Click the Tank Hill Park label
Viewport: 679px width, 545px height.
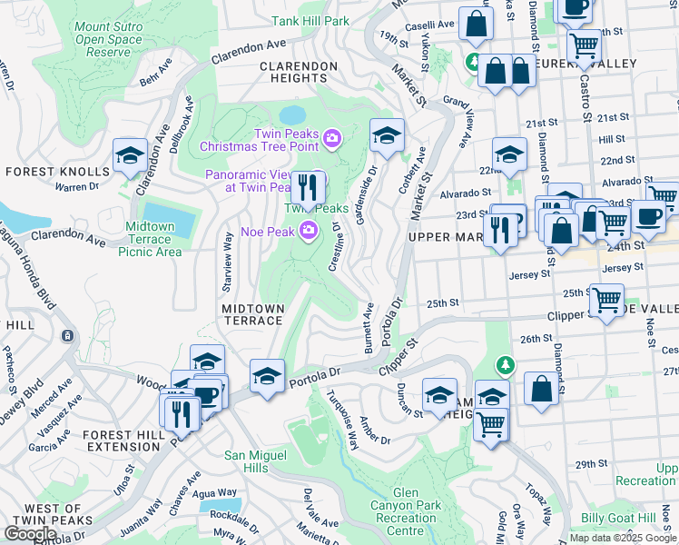click(x=310, y=20)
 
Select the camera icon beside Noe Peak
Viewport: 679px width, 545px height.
click(x=310, y=232)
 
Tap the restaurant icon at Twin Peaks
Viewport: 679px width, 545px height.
click(x=308, y=188)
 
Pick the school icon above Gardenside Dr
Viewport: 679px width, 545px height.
click(x=387, y=136)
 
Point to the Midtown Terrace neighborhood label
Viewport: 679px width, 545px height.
click(x=253, y=314)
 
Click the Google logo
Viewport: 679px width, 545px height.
click(x=31, y=534)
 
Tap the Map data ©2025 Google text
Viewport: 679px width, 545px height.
click(x=623, y=538)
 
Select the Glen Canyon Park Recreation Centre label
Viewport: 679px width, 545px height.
click(x=405, y=511)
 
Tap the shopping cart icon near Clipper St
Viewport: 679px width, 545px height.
click(x=605, y=298)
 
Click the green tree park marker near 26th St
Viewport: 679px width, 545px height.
click(x=505, y=365)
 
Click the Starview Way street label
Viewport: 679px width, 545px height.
click(x=227, y=261)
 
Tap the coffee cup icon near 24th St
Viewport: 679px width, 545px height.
click(x=648, y=216)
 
